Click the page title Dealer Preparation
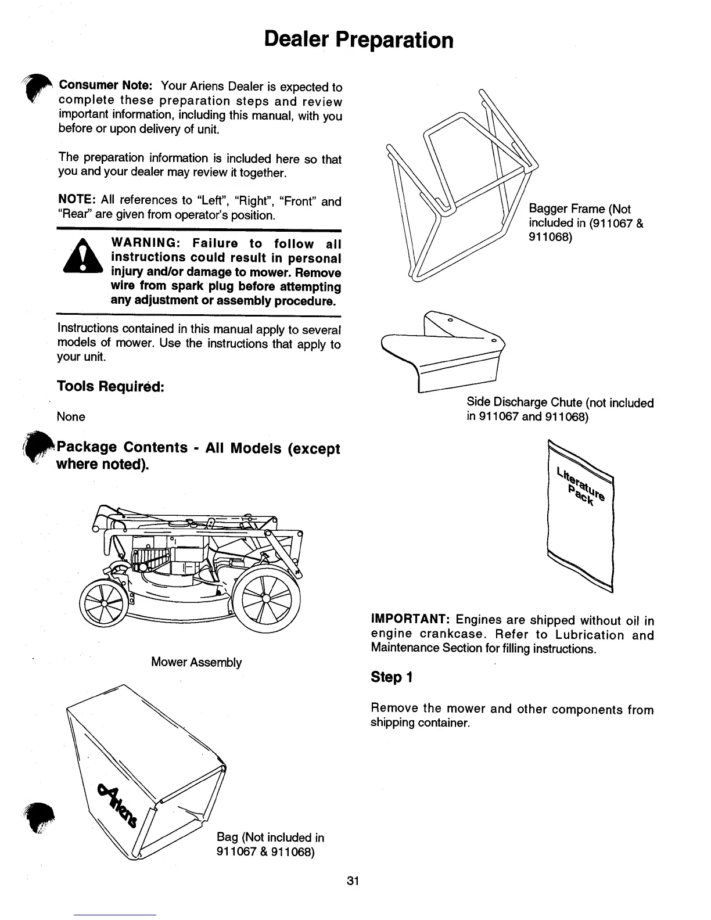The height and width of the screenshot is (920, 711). tap(358, 39)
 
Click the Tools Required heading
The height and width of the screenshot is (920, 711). tap(110, 386)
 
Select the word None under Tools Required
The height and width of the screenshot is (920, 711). tap(71, 417)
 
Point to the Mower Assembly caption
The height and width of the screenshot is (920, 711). tap(196, 663)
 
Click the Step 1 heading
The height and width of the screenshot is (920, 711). tap(392, 677)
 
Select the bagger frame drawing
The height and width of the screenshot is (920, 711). tap(459, 192)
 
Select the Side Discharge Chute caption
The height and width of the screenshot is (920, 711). tap(560, 410)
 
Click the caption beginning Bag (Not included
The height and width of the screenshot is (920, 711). tap(270, 844)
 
